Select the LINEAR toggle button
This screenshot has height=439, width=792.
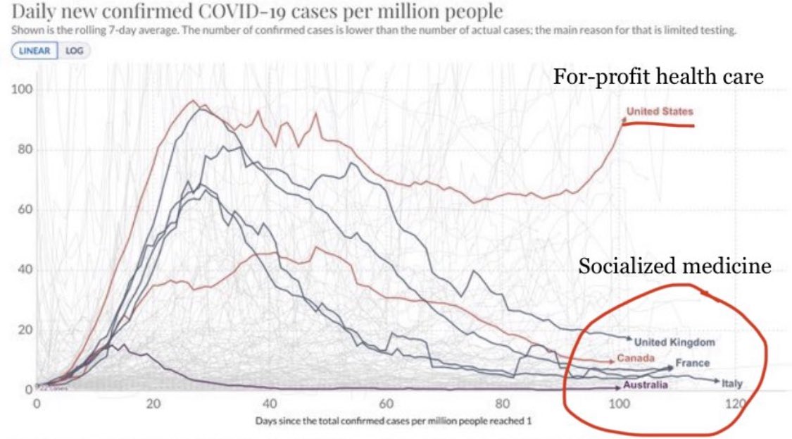34,51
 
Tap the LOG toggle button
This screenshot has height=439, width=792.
73,51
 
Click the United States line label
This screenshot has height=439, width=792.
660,111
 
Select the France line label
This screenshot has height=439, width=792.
692,364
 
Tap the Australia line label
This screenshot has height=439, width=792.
645,385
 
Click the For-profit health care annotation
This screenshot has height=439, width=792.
658,77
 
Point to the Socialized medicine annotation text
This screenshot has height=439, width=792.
674,266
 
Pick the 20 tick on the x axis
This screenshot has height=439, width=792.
153,404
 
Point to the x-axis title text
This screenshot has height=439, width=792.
392,421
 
